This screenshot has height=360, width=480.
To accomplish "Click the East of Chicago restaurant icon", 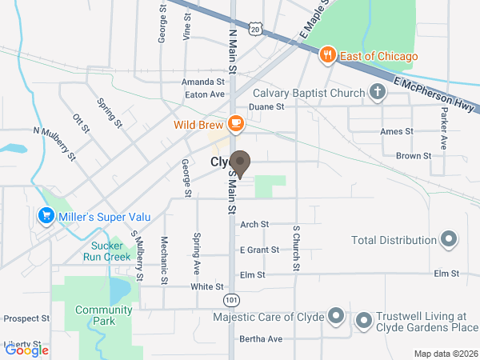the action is click(326, 56).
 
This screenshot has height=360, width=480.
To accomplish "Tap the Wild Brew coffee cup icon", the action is click(235, 123).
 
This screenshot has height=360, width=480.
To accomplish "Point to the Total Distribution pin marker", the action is click(449, 239).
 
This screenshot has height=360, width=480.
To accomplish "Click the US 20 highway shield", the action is click(254, 28).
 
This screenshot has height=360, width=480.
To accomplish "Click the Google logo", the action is click(27, 350).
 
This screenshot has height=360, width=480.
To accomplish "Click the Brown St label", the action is click(414, 156).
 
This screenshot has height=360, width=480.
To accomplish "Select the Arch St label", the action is click(254, 225).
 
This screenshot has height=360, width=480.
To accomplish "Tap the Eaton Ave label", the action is click(205, 94).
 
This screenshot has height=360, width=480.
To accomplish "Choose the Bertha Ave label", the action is click(261, 339).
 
